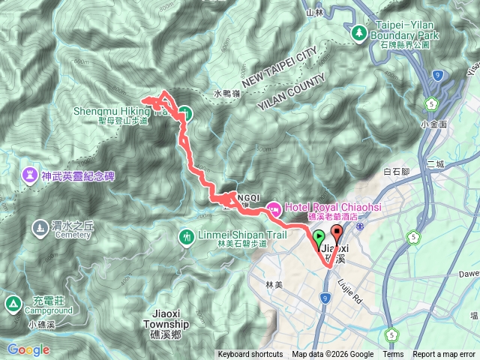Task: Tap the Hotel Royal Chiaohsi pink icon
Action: pos(273,208)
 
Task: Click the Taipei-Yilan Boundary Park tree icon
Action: pos(359,33)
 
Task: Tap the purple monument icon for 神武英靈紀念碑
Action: pos(30,175)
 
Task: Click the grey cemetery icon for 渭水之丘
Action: pos(39,226)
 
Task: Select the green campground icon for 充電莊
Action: pos(13,304)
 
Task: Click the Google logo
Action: pos(28,349)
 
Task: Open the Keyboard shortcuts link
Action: pos(250,355)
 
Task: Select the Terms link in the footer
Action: pos(393,355)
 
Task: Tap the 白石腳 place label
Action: pos(397,171)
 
